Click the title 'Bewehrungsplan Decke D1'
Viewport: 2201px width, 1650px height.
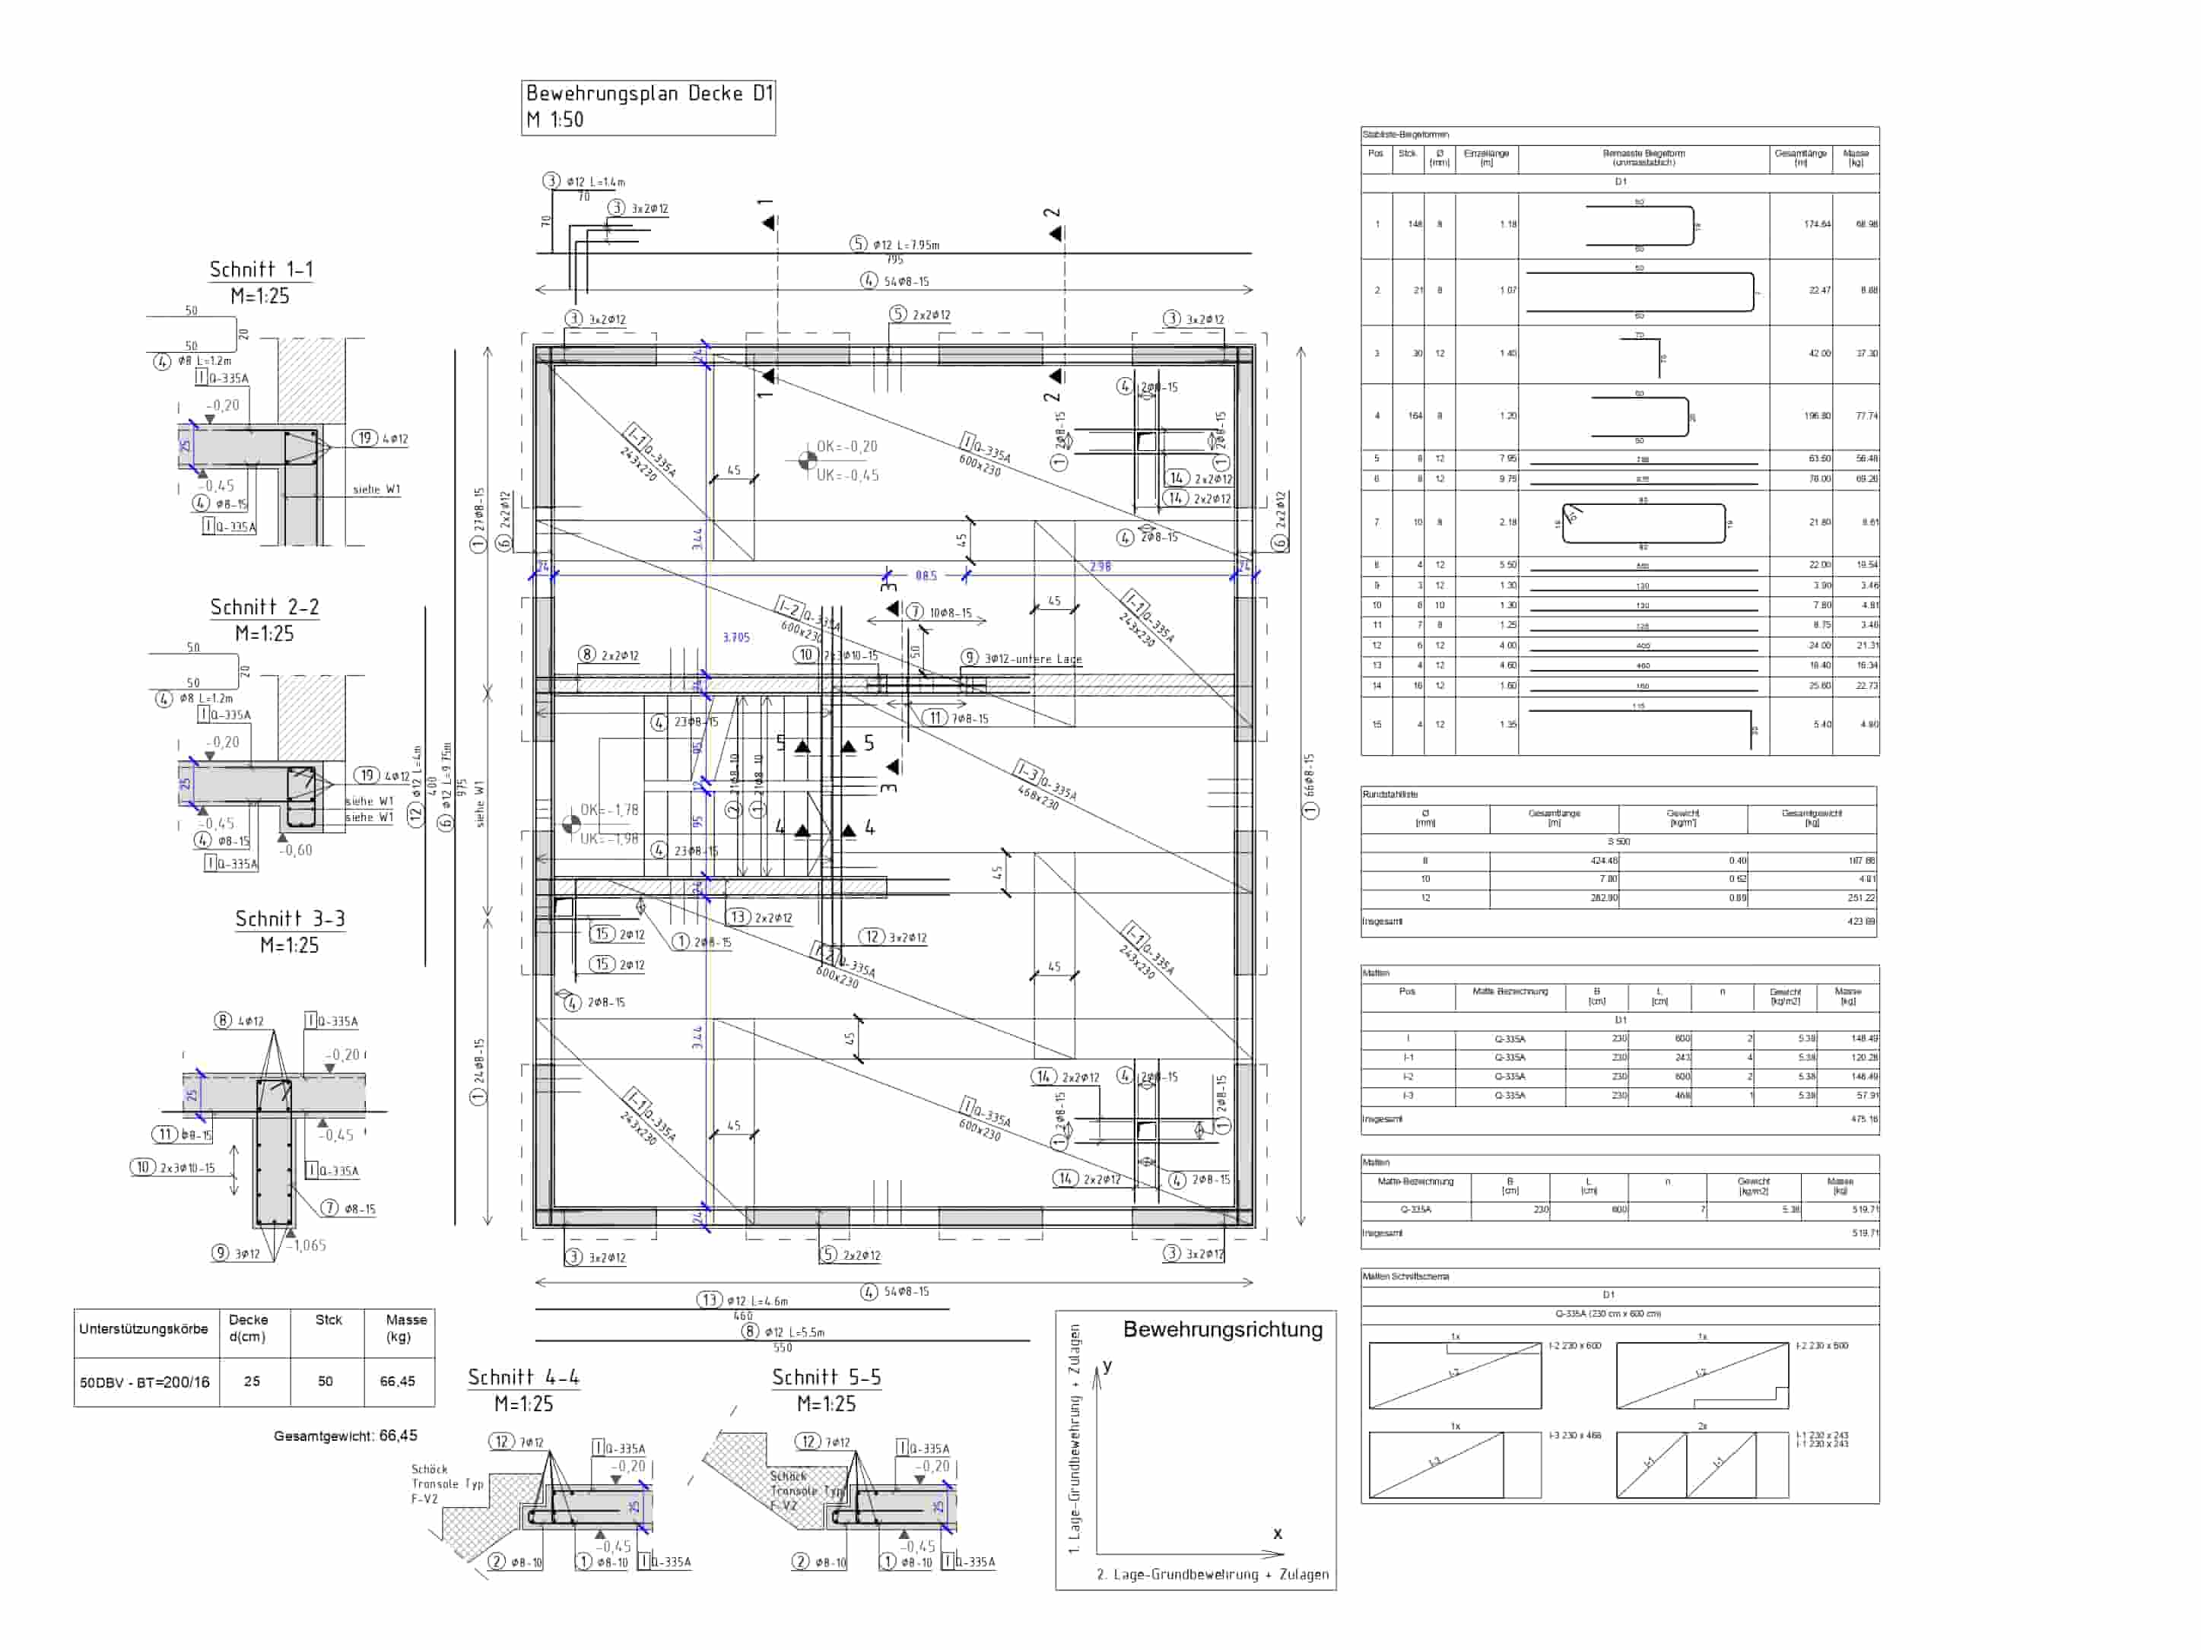(649, 94)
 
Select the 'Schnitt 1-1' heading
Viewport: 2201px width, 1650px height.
(261, 269)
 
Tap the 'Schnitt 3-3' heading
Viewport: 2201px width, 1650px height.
(290, 919)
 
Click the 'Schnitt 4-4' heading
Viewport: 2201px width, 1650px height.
(523, 1378)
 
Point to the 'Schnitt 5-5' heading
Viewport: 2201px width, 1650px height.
(826, 1378)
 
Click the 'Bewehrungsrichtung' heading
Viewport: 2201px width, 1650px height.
(1222, 1330)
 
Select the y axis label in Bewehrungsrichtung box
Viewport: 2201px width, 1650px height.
(1107, 1366)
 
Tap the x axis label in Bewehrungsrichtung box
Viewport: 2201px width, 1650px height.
(1278, 1534)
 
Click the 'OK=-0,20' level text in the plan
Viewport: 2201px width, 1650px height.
(846, 446)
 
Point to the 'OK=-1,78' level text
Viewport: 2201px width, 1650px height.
(609, 810)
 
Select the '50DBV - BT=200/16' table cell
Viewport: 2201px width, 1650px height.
(145, 1382)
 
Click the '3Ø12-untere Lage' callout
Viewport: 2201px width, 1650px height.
(1032, 658)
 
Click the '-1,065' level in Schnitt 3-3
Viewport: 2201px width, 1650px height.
(307, 1245)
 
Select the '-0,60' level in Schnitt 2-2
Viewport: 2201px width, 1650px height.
(296, 850)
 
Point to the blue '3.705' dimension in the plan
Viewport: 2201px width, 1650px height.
(735, 637)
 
